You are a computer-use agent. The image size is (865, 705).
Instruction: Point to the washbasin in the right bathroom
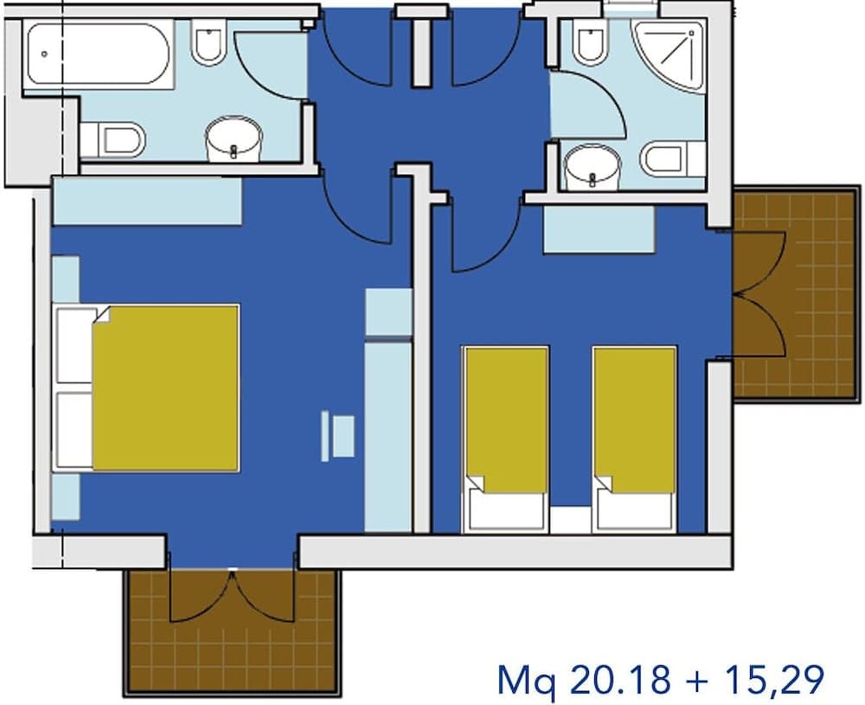[x=592, y=166]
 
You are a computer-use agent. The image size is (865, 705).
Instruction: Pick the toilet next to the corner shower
[x=590, y=41]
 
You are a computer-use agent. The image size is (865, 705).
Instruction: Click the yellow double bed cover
[x=165, y=388]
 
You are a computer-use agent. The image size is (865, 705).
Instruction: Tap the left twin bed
[x=505, y=439]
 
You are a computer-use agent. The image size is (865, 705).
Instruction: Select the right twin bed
[x=634, y=439]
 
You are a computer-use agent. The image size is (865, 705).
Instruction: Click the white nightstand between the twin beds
[x=570, y=519]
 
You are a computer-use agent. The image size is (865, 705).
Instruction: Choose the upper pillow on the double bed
[x=75, y=345]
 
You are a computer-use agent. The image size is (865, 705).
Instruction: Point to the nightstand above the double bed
[x=66, y=279]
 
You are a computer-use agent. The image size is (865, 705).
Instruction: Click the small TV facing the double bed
[x=338, y=436]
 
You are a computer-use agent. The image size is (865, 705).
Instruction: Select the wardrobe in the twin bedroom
[x=599, y=229]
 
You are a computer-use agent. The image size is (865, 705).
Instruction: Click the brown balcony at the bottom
[x=232, y=631]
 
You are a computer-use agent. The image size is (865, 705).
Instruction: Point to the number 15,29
[x=774, y=680]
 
